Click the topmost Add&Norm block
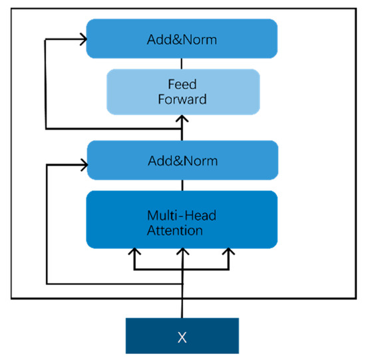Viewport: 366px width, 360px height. (x=182, y=40)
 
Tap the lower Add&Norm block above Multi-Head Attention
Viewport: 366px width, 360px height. (x=182, y=160)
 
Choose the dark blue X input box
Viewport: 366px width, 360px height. (x=182, y=335)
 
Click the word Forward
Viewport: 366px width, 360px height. (x=182, y=100)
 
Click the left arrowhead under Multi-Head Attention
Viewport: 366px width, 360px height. (x=134, y=253)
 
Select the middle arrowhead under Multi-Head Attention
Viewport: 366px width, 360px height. (x=182, y=253)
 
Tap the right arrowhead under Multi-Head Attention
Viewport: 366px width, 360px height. (x=229, y=253)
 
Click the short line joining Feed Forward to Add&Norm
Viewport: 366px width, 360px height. (x=182, y=62)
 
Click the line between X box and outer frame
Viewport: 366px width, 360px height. (x=182, y=308)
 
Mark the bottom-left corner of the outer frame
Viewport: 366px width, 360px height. (x=12, y=299)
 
